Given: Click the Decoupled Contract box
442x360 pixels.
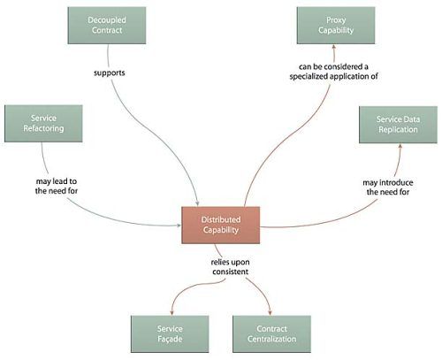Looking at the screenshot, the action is [x=107, y=26].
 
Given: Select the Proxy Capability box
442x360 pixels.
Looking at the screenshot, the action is [x=336, y=26].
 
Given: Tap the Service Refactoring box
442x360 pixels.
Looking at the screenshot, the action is [x=43, y=124].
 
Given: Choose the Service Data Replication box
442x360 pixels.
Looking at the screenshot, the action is [x=398, y=125].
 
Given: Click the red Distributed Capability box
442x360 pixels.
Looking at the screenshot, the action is [x=221, y=225].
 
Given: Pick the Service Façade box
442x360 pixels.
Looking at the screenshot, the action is [x=170, y=333].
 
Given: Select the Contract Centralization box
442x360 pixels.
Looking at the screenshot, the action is [x=271, y=333].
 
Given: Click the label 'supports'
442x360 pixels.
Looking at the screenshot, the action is [x=110, y=73].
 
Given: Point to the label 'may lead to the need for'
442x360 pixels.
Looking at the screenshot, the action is [x=57, y=186].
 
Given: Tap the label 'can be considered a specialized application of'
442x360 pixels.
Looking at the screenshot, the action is [x=333, y=72].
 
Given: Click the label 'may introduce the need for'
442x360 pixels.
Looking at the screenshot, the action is [x=388, y=188].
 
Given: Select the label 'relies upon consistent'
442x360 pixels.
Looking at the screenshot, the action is [x=230, y=267].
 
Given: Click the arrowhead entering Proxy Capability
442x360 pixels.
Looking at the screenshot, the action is [x=334, y=47].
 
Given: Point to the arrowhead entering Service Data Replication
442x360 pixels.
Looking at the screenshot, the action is [x=400, y=146].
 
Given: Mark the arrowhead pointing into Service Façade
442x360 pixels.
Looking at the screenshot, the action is [x=171, y=313].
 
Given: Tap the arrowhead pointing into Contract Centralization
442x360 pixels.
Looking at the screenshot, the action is [x=270, y=313].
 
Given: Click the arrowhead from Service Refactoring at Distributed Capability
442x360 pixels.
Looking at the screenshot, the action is [x=179, y=226].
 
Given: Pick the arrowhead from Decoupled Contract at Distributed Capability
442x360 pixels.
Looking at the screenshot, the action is [x=197, y=203].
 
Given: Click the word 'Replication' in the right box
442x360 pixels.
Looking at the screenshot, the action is [x=398, y=130].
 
